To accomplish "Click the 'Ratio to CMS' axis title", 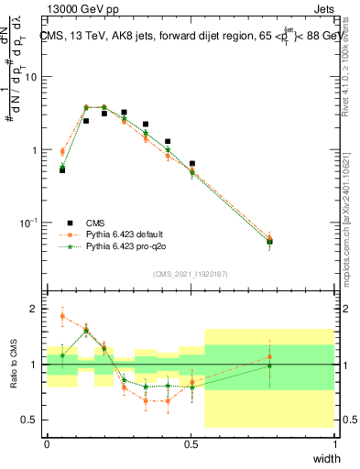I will [14, 363].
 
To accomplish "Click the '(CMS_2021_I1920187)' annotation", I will [191, 273].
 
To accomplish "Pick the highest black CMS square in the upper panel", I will [125, 112].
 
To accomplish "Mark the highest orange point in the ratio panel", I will [62, 316].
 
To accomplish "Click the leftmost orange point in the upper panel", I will [62, 152].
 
